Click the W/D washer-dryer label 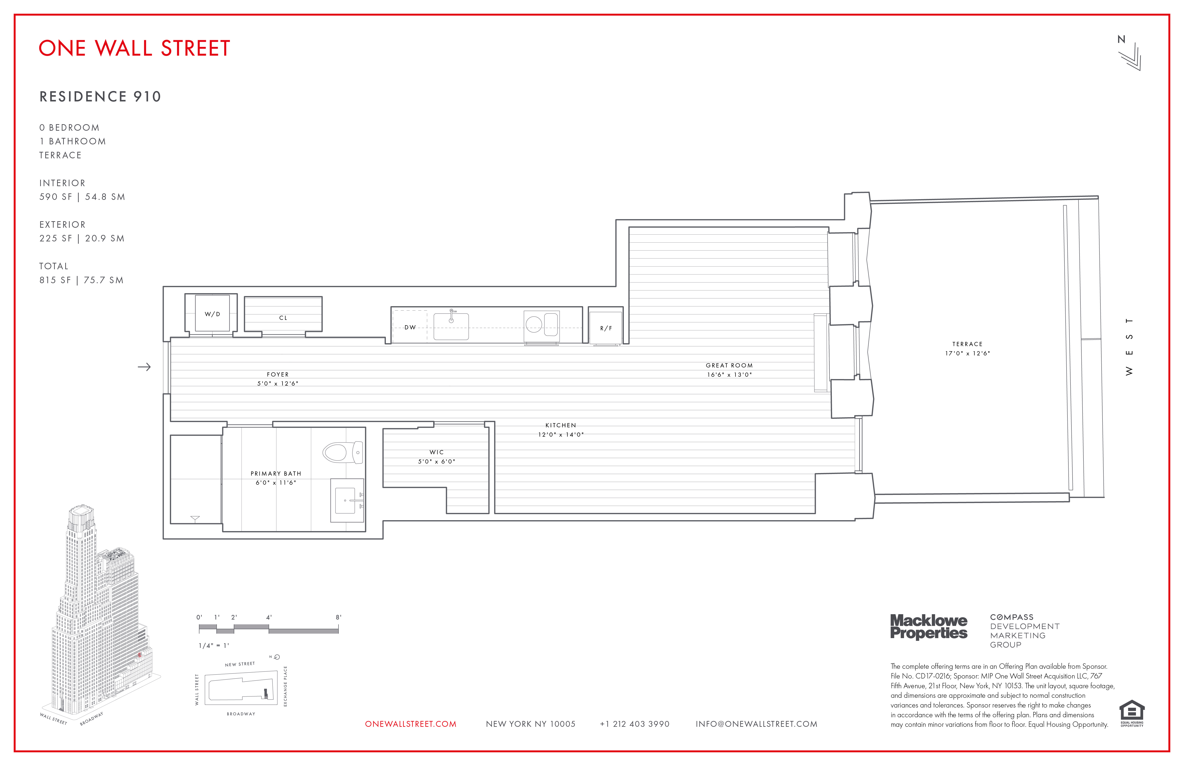click(212, 314)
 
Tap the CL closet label click(283, 318)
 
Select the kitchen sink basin click(451, 327)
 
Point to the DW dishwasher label click(410, 327)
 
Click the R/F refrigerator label click(606, 328)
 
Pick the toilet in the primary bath click(342, 453)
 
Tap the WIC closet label click(436, 452)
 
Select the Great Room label click(729, 366)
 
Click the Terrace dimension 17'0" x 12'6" click(968, 354)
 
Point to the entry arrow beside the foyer click(144, 367)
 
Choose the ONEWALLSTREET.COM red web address click(410, 724)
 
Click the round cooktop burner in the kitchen click(534, 324)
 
